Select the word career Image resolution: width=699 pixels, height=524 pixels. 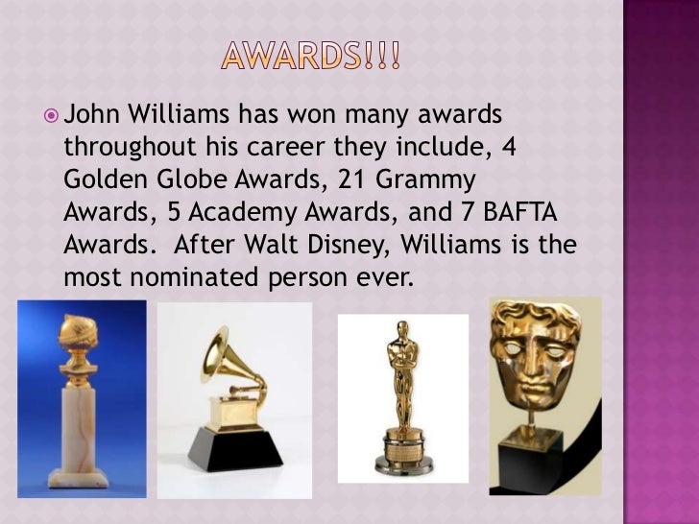point(318,150)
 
